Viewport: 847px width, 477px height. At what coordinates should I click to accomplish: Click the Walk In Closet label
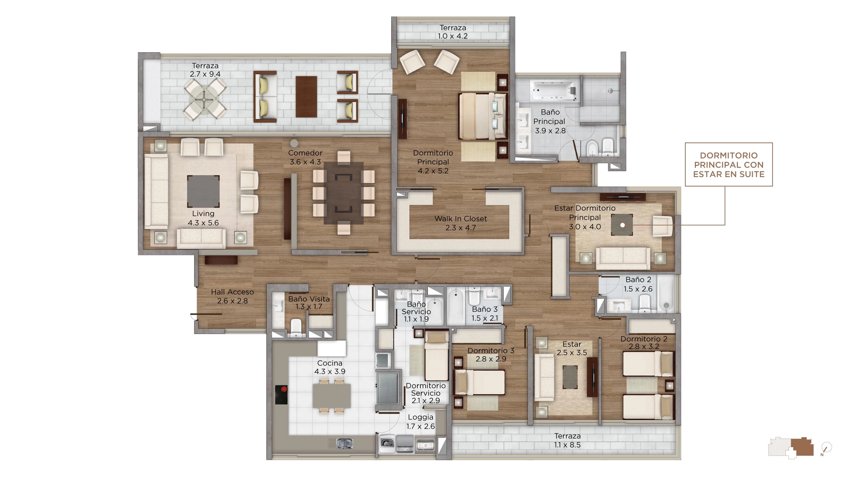click(x=460, y=223)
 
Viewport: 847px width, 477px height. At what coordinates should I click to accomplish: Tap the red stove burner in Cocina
click(x=283, y=390)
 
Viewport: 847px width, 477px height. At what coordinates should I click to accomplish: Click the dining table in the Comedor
click(x=344, y=193)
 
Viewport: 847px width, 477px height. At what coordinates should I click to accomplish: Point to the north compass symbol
click(x=827, y=449)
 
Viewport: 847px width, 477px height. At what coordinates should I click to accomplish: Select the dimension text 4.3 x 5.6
click(x=203, y=223)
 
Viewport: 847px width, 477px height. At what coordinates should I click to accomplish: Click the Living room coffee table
click(x=203, y=191)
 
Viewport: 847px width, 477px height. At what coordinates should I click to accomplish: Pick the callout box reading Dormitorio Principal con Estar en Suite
click(x=729, y=165)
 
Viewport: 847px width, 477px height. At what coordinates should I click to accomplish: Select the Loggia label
click(x=420, y=417)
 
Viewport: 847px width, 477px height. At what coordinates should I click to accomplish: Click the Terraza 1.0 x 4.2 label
click(x=453, y=32)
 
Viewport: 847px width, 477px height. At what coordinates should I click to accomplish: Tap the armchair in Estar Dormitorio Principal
click(x=662, y=226)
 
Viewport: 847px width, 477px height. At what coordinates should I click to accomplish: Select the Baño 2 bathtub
click(x=666, y=295)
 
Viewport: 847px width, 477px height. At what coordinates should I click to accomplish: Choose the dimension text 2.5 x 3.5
click(x=572, y=353)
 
